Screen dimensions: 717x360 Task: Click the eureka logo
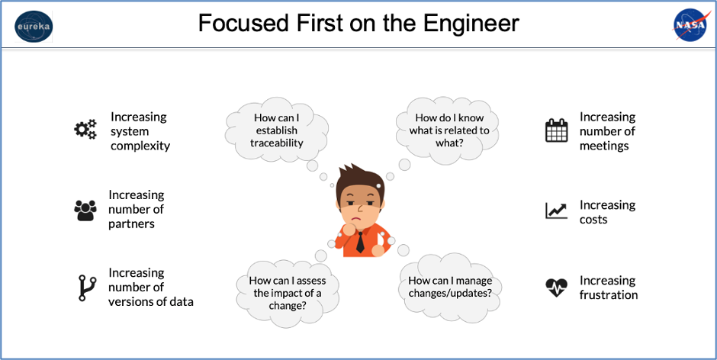34,26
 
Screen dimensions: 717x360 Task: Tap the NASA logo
690,24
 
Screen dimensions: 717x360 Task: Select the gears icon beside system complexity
85,129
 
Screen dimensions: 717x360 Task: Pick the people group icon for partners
85,211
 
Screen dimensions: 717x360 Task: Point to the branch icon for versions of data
86,288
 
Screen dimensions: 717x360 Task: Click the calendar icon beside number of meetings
557,130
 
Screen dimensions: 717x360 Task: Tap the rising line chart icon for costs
557,211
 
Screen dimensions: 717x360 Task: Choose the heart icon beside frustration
557,288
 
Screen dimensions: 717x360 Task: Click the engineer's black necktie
360,242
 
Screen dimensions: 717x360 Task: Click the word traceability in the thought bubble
276,143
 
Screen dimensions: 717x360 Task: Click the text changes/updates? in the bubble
450,293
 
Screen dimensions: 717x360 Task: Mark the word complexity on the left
140,146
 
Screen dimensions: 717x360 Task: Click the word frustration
609,294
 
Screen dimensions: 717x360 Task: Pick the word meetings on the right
604,146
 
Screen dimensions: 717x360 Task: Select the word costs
593,220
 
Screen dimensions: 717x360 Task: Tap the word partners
131,224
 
